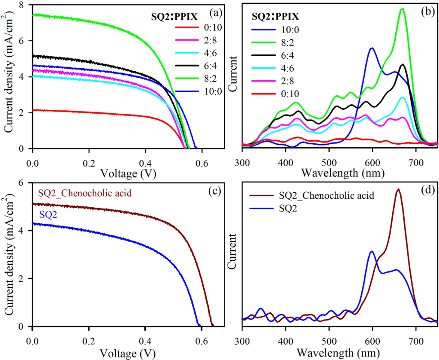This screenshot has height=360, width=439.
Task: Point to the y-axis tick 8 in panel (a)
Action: point(21,5)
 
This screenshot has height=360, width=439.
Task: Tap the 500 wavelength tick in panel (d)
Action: point(329,340)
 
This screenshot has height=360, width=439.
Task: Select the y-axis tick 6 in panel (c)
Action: point(21,183)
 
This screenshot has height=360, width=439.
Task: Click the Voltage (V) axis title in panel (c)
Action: point(125,353)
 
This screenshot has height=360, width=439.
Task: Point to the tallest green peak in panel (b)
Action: point(402,9)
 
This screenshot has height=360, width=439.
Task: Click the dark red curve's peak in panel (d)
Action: point(398,189)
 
